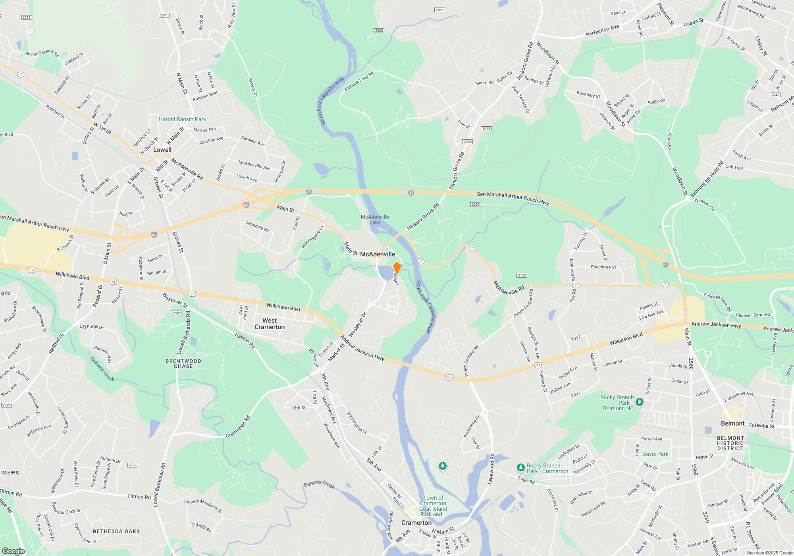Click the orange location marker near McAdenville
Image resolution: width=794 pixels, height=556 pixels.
click(397, 268)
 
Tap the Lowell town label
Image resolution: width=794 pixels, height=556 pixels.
click(162, 150)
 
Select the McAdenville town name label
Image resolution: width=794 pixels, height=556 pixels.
click(377, 254)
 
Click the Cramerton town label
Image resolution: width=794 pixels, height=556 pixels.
click(416, 523)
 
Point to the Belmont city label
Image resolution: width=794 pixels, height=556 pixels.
click(732, 423)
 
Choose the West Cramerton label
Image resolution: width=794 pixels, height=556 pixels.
click(270, 324)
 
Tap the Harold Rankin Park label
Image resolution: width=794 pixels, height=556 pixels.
click(182, 119)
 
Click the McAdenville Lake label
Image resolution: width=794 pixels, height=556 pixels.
click(375, 220)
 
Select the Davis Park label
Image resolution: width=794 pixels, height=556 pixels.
click(655, 454)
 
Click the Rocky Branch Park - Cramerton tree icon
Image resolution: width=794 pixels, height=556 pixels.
click(520, 468)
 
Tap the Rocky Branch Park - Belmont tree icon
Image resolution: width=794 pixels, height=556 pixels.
click(639, 402)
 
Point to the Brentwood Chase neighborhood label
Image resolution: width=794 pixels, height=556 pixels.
click(183, 363)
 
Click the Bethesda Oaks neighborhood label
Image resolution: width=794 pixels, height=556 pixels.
click(116, 531)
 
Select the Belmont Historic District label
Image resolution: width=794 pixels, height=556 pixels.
click(730, 443)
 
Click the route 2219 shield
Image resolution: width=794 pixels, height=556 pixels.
click(27, 17)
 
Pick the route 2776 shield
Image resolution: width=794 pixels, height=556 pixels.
click(133, 465)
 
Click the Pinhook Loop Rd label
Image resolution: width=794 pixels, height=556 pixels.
click(359, 81)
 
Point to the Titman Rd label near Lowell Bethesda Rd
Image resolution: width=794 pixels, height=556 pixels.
click(139, 496)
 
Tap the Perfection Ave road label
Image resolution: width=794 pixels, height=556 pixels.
click(602, 31)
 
